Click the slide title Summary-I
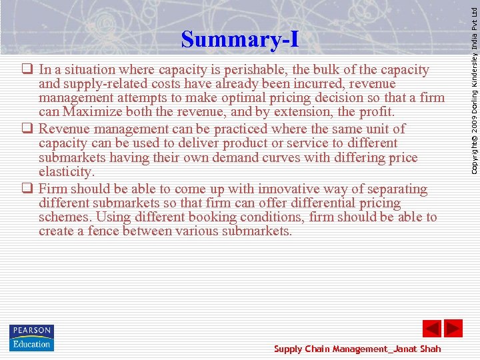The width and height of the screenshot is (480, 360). coord(240,39)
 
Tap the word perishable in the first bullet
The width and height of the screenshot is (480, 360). coord(257,70)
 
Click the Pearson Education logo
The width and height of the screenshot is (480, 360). coord(31,337)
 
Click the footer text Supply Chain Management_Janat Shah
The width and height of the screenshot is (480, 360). coord(357,349)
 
